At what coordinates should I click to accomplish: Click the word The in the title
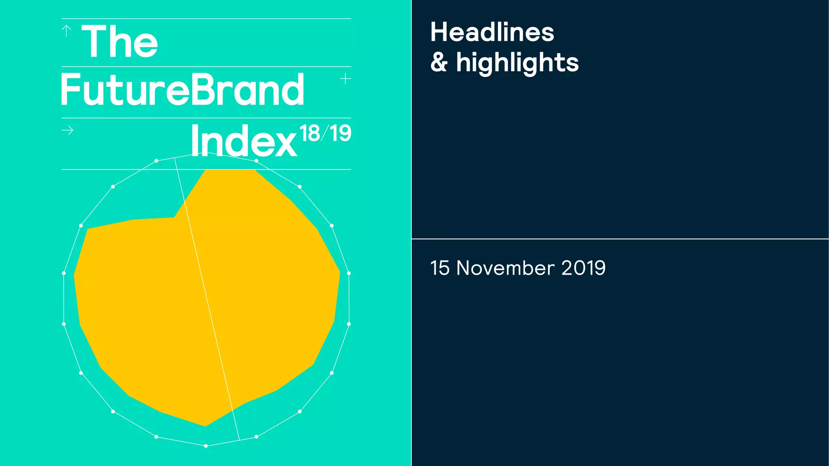point(120,41)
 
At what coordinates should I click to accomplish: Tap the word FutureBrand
point(183,90)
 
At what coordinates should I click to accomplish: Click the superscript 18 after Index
point(310,133)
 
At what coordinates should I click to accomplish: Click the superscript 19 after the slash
point(340,133)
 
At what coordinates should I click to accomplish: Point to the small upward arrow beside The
point(66,31)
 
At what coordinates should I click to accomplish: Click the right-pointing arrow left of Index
point(68,130)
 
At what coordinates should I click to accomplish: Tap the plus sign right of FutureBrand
point(345,78)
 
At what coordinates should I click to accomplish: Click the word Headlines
point(492,32)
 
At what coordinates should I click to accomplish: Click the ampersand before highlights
point(439,63)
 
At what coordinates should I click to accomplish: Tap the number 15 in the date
point(440,268)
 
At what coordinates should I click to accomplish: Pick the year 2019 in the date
point(583,268)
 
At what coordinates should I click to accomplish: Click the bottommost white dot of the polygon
point(206,446)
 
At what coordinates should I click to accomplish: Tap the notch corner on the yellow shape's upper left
point(174,217)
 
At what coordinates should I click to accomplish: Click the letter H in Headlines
point(439,32)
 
